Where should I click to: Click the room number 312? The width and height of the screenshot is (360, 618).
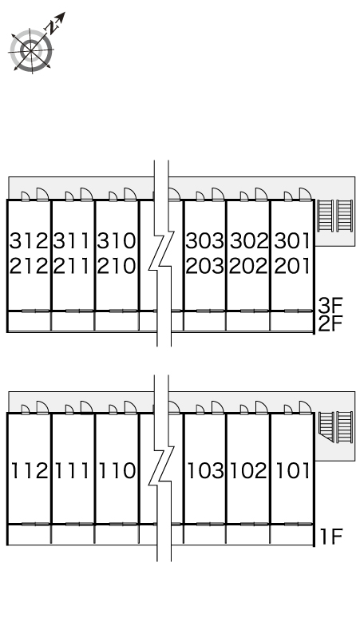pos(29,241)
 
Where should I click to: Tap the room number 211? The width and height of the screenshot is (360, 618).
pos(73,266)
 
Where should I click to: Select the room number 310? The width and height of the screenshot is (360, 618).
pos(117,241)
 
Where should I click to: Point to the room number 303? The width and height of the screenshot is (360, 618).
pos(205,241)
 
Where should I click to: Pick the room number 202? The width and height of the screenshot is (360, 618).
pos(248,266)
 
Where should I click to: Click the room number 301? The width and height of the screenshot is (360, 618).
pos(292,241)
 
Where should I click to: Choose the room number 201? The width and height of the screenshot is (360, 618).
pos(292,266)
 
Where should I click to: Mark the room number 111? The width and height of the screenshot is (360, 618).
pos(73,470)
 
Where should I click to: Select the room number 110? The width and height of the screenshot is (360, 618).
pos(117,470)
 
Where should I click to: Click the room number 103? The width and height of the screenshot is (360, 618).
pos(206,470)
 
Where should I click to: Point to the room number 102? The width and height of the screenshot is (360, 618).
pos(249,470)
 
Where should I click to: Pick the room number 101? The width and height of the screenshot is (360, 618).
pos(293,470)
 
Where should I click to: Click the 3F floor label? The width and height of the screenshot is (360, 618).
pos(330,305)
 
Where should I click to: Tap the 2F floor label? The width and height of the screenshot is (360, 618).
pos(330,324)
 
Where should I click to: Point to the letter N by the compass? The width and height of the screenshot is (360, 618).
pos(51,28)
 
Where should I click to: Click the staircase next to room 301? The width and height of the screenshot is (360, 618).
pos(334,216)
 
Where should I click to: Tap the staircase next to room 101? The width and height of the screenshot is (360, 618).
pos(334,427)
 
